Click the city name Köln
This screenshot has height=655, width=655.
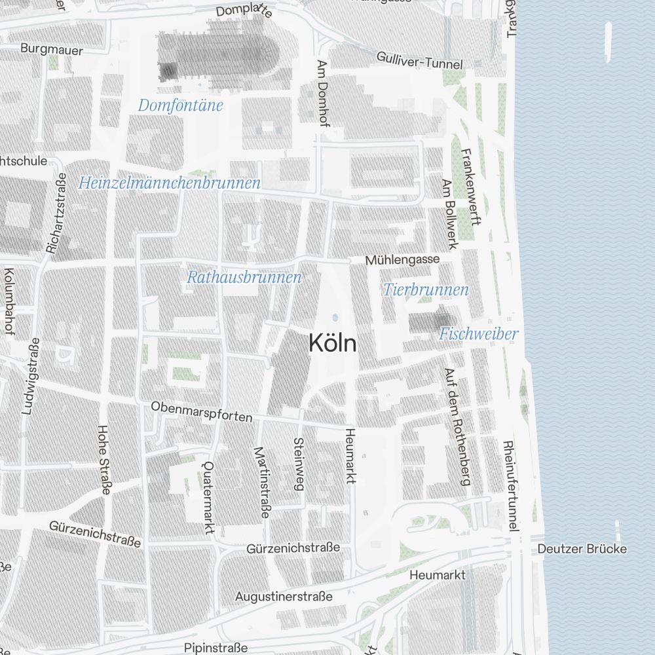[x=333, y=343]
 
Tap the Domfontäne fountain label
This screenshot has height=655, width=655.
[x=181, y=105]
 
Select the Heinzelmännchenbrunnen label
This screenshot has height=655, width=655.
[x=170, y=183]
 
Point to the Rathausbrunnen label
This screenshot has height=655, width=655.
[x=244, y=277]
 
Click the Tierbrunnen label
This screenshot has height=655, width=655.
[x=426, y=290]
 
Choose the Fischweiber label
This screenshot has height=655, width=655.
[x=478, y=334]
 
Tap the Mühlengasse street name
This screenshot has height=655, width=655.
[x=402, y=260]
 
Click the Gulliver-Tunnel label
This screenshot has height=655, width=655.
[x=419, y=60]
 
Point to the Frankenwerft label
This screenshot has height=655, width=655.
[x=472, y=187]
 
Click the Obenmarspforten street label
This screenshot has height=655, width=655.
[x=202, y=412]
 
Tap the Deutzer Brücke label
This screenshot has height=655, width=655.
[x=582, y=549]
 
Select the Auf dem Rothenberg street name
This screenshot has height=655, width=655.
[x=457, y=426]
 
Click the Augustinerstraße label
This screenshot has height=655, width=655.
[x=284, y=597]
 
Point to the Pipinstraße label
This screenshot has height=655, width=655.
[x=216, y=647]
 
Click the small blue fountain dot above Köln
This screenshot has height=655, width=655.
[x=335, y=318]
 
